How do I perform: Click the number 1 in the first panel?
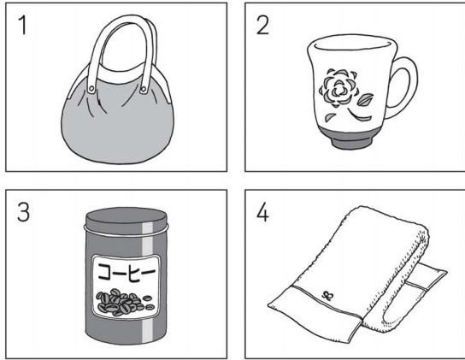pos(23,26)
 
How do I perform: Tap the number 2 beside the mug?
pos(262,26)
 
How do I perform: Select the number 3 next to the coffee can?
pos(23,212)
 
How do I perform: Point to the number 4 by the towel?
pos(262,213)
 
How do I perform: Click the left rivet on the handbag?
pos(92,88)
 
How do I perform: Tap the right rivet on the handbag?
pos(144,88)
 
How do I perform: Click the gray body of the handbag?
pos(117,127)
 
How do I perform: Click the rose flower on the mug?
pos(338,87)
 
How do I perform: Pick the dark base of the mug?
pos(350,139)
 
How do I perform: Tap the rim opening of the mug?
pos(353,43)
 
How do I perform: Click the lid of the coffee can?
pos(127,220)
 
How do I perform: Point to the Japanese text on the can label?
pos(127,272)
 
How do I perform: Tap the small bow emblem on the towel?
pos(327,295)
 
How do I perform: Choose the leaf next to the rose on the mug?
pos(365,99)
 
